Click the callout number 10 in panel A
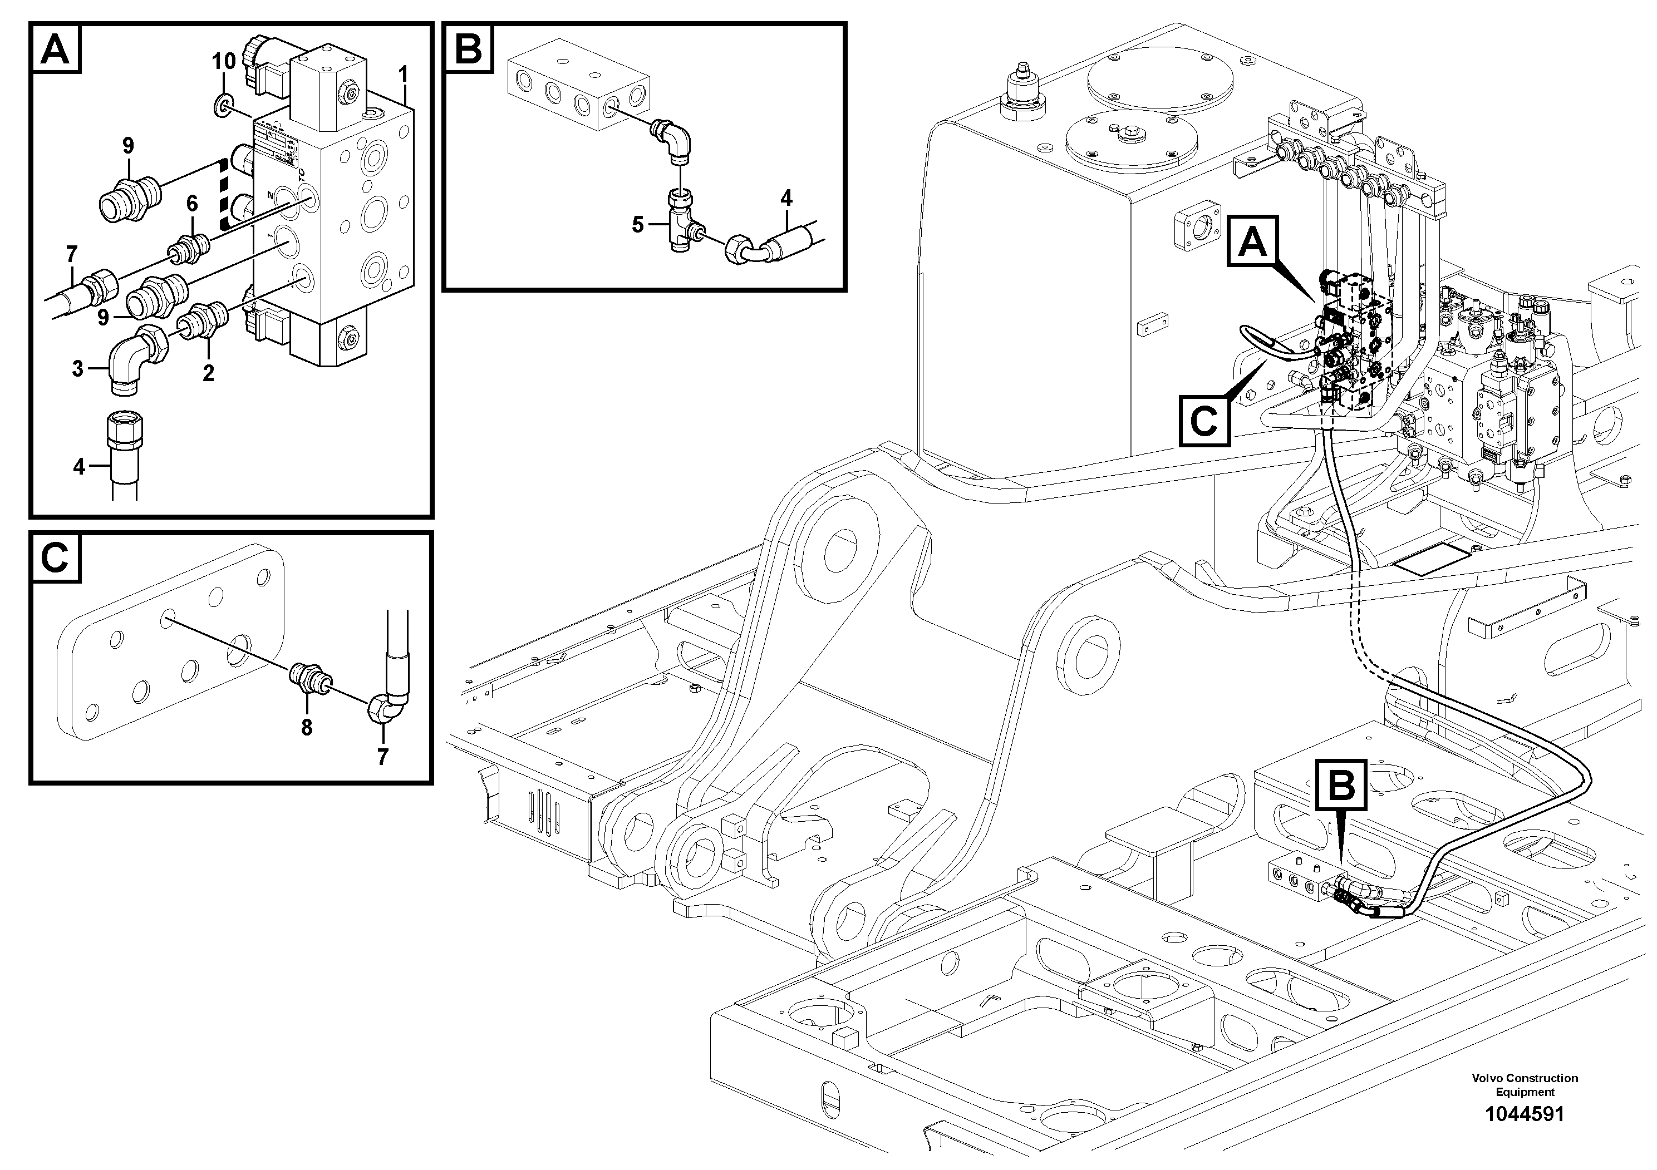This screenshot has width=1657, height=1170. point(224,61)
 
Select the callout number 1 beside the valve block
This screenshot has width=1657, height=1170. point(404,75)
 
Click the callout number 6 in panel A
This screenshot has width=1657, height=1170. point(192,204)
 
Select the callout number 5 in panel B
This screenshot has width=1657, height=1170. point(638,224)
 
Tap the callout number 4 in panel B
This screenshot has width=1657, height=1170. point(786,198)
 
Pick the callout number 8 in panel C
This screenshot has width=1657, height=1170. point(307,728)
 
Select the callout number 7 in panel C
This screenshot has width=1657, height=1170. point(382,757)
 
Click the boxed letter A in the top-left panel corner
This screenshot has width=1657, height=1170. point(56,49)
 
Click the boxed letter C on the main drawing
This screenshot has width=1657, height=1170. point(1204,421)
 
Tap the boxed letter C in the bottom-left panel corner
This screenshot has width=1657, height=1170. point(56,557)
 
